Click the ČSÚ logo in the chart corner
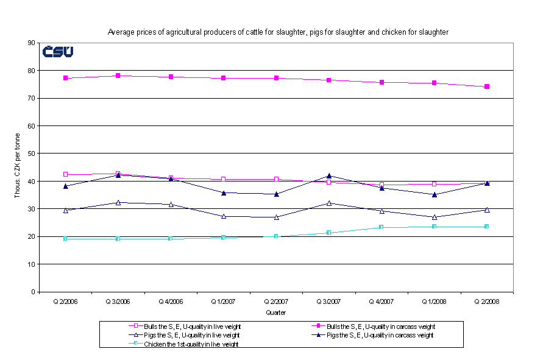pyautogui.click(x=58, y=51)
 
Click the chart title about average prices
pyautogui.click(x=278, y=32)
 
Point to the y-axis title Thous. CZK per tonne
pyautogui.click(x=17, y=167)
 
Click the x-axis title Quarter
pyautogui.click(x=276, y=312)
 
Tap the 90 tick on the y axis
pyautogui.click(x=31, y=43)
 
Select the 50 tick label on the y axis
pyautogui.click(x=31, y=154)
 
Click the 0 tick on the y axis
pyautogui.click(x=33, y=292)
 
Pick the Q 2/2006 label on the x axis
pyautogui.click(x=66, y=301)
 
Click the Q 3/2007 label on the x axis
pyautogui.click(x=329, y=301)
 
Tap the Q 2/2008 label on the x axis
pyautogui.click(x=487, y=301)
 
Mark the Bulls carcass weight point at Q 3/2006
pyautogui.click(x=118, y=76)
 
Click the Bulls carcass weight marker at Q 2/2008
pyautogui.click(x=487, y=86)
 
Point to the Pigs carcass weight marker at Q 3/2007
pyautogui.click(x=329, y=175)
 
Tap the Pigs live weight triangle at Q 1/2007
pyautogui.click(x=224, y=216)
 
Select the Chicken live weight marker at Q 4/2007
pyautogui.click(x=381, y=227)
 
